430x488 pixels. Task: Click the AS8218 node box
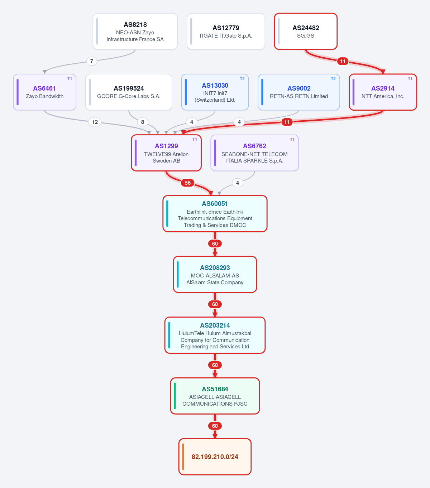coord(135,31)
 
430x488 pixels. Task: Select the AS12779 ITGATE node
coord(226,31)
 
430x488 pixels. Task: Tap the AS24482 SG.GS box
coord(306,31)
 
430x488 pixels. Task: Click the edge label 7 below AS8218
coord(92,61)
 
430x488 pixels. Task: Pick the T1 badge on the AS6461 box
coord(70,79)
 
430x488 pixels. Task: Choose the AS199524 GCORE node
coord(129,92)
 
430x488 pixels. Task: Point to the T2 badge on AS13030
coord(242,79)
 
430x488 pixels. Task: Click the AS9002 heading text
coord(299,88)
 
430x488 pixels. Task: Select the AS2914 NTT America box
coord(383,92)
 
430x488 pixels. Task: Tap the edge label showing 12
coord(95,122)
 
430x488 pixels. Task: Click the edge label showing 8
coord(143,122)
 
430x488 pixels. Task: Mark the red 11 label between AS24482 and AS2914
coord(343,61)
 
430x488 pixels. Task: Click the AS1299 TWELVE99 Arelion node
coord(166,153)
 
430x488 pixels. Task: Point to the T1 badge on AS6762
coord(292,140)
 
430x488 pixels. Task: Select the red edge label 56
coord(188,183)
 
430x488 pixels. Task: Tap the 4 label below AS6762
coord(238,183)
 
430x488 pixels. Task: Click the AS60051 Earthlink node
coord(215,214)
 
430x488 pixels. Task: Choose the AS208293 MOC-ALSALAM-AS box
coord(215,274)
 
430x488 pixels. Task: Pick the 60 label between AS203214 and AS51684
coord(215,365)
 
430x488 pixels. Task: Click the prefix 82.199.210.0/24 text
coord(215,457)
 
